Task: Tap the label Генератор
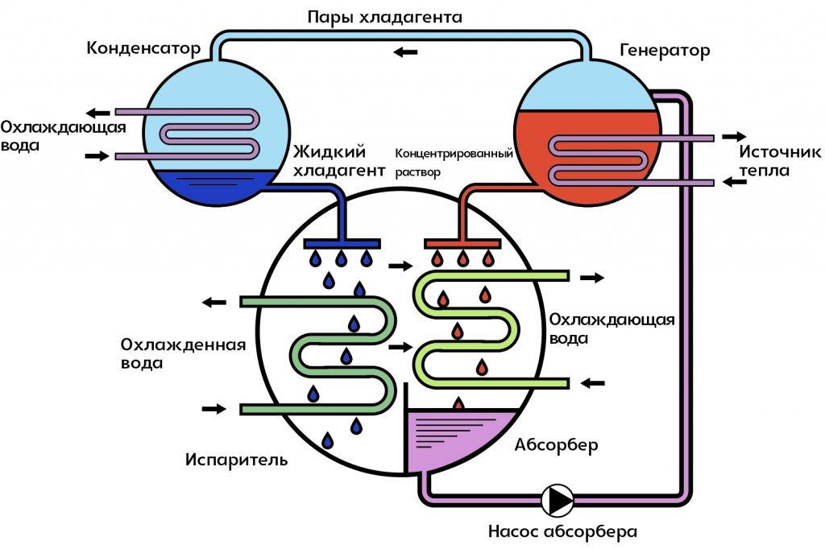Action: click(x=665, y=51)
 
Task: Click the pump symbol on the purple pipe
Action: click(x=557, y=500)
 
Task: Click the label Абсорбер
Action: click(x=556, y=445)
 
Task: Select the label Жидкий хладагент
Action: click(x=330, y=160)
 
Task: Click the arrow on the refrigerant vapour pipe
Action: click(x=405, y=52)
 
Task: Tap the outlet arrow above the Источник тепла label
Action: click(x=733, y=137)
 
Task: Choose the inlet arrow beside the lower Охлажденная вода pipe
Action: click(x=214, y=409)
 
